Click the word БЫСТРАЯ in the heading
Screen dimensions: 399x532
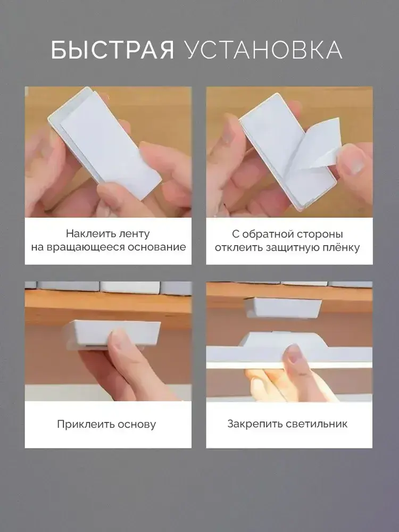(x=112, y=50)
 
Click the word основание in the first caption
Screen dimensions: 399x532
(x=157, y=247)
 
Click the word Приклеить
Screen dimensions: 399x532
(x=85, y=424)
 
